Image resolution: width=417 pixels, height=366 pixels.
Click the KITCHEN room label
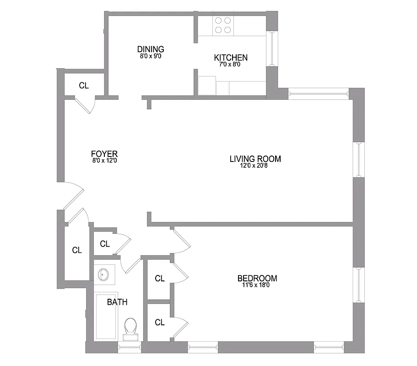(231, 58)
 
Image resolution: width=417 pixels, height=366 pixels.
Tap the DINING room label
(151, 49)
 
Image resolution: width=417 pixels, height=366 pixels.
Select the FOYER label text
(104, 154)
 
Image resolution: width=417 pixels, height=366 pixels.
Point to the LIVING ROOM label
(255, 159)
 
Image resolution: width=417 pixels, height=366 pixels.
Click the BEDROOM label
(257, 278)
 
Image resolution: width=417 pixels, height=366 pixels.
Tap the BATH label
(117, 302)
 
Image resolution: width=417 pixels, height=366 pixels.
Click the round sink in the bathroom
(103, 274)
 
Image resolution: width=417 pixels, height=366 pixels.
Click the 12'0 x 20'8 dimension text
(255, 166)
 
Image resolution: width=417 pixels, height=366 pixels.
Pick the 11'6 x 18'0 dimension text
(257, 285)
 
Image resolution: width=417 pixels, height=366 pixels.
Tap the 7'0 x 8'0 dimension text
(231, 65)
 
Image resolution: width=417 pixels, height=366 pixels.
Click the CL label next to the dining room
(84, 85)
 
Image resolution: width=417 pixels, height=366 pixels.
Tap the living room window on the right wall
(359, 160)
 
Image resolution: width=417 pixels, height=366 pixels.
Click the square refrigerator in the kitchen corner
(207, 86)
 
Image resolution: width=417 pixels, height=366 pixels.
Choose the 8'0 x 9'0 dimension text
(151, 56)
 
